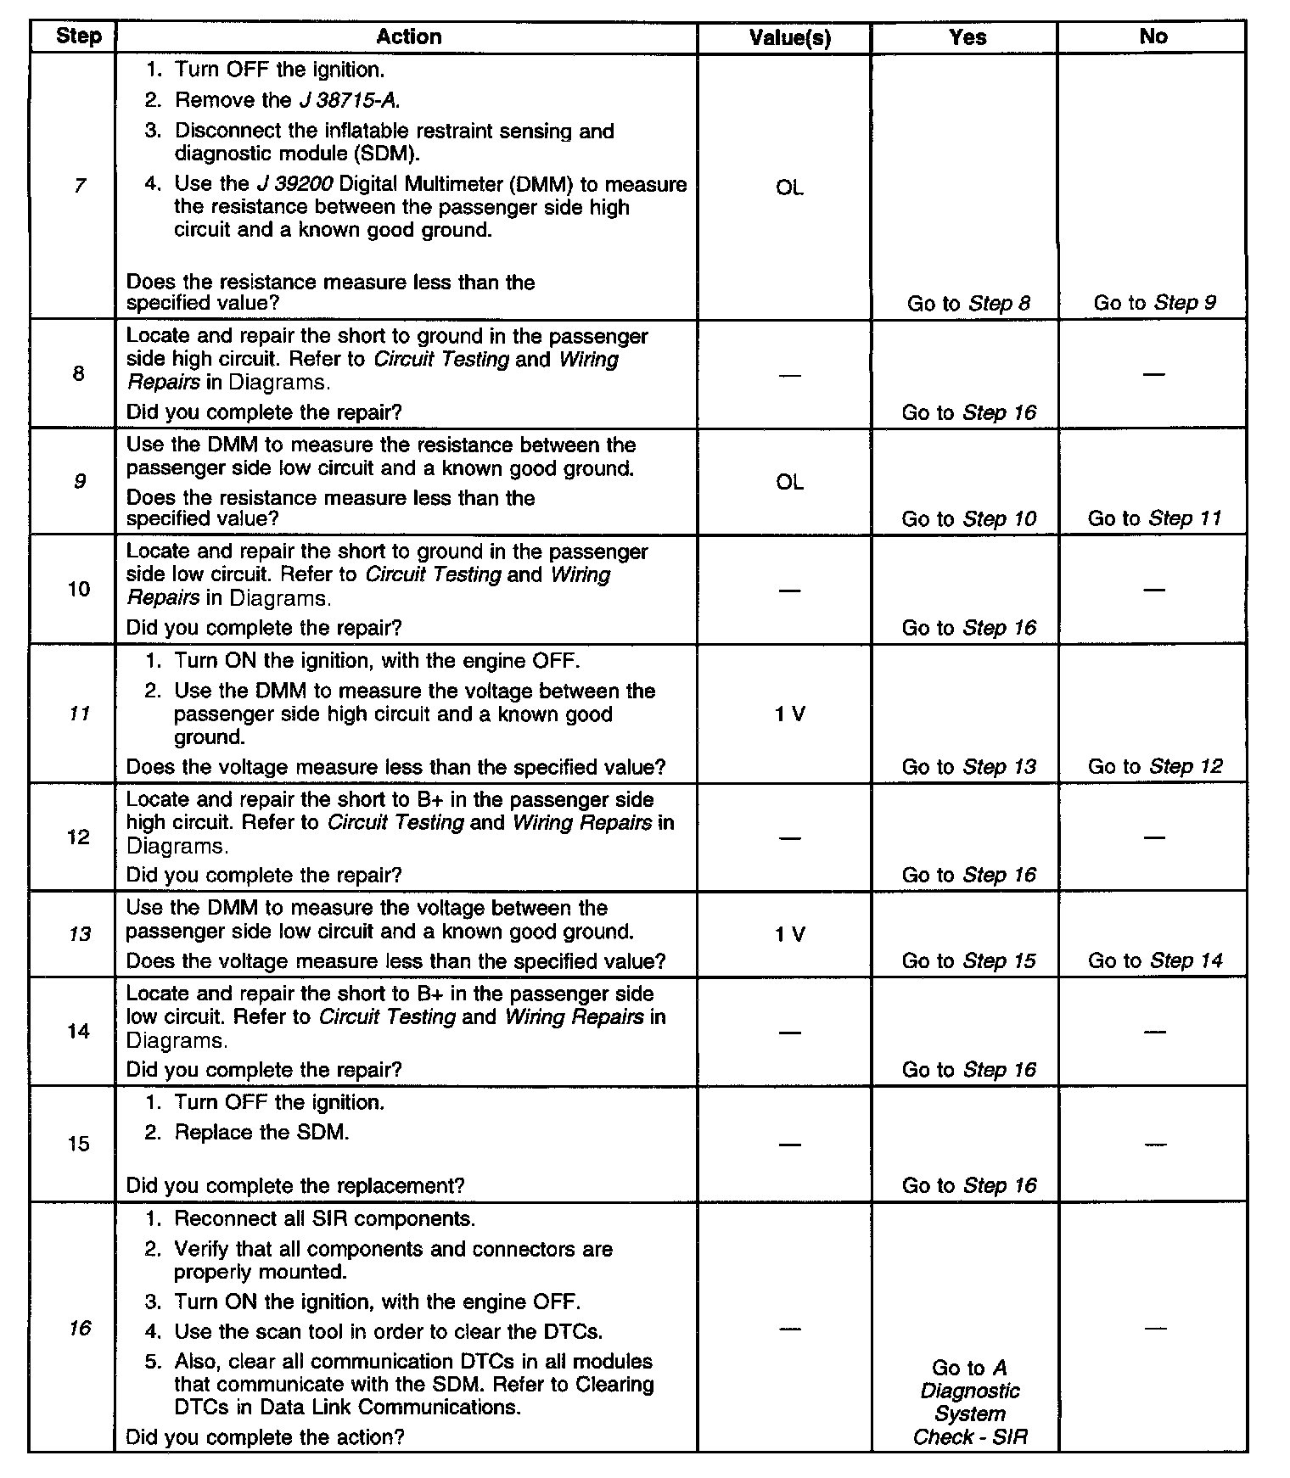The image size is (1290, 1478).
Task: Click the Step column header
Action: (x=78, y=36)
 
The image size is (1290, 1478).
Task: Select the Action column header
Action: (x=408, y=36)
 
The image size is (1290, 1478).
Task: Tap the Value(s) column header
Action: (x=789, y=37)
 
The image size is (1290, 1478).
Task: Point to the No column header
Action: (x=1153, y=36)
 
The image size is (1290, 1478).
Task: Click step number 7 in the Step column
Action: (x=79, y=185)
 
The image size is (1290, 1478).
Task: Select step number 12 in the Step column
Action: (x=78, y=837)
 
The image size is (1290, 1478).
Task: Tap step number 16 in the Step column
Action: (x=79, y=1328)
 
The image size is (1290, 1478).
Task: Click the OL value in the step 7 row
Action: (x=789, y=188)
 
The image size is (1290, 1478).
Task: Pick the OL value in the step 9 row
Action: (x=789, y=482)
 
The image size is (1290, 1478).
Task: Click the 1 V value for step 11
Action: (x=789, y=714)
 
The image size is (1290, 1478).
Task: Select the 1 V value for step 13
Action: (x=789, y=934)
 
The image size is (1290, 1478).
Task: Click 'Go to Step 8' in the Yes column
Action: (x=968, y=303)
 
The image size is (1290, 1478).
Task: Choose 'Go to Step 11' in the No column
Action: (x=1154, y=518)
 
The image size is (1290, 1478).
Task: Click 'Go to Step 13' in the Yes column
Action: (x=968, y=766)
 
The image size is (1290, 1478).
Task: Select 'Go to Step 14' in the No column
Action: (x=1155, y=960)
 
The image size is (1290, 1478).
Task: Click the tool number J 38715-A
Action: (x=349, y=100)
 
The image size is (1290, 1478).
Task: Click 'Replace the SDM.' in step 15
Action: (x=261, y=1132)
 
